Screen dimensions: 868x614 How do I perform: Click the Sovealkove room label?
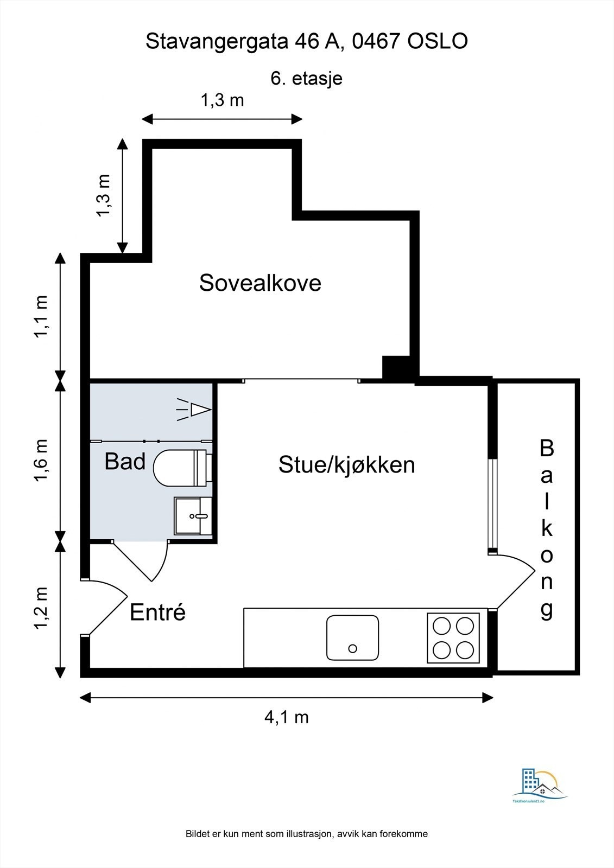tap(260, 283)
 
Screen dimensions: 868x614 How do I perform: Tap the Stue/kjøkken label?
tap(346, 465)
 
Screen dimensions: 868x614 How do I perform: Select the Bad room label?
tap(125, 462)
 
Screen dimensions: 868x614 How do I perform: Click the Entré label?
tap(157, 612)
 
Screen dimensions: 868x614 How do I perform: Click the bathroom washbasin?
tap(192, 515)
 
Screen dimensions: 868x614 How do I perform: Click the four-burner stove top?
tap(453, 637)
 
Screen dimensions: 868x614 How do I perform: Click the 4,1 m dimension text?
tap(286, 717)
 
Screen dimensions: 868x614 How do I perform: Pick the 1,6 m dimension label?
tap(42, 460)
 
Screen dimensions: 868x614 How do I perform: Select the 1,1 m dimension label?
tap(42, 316)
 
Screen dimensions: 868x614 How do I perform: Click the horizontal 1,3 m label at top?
tap(222, 100)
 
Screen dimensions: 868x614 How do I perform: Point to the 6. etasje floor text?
tap(306, 78)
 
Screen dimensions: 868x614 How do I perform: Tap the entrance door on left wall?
tap(106, 605)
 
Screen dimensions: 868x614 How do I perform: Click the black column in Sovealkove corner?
tap(396, 367)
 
